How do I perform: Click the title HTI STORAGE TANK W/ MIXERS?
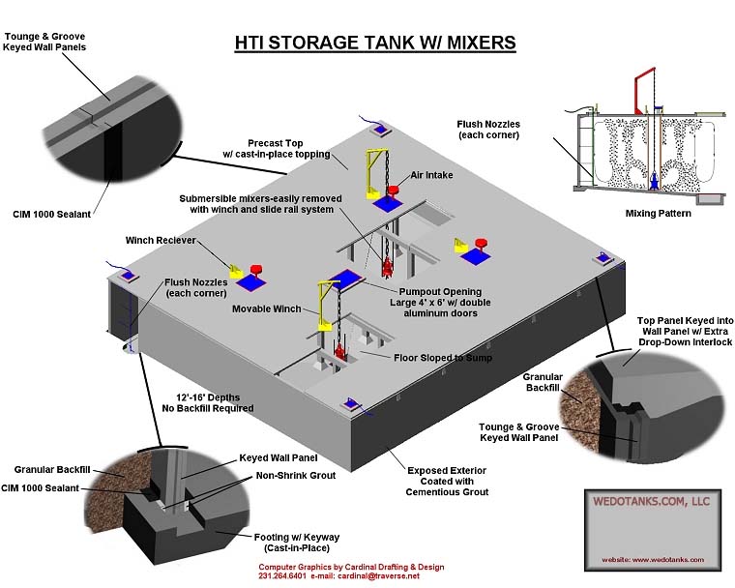pos(375,43)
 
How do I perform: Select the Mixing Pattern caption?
pos(657,213)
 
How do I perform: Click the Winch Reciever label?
pos(160,241)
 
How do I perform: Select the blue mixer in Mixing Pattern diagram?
pos(656,178)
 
